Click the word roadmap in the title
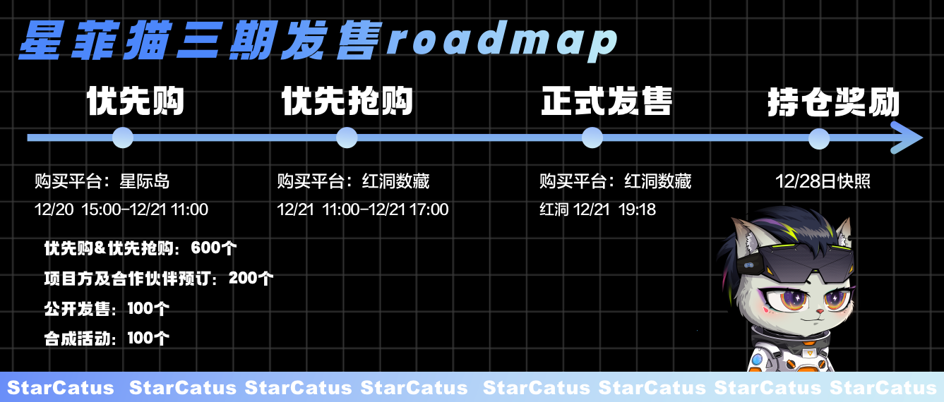[x=501, y=40]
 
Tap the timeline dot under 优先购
[x=123, y=138]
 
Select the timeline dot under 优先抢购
[x=347, y=138]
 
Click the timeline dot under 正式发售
[x=592, y=138]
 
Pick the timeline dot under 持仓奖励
[x=819, y=138]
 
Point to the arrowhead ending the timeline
[x=906, y=138]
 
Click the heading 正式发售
[x=607, y=101]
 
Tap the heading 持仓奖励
[x=833, y=102]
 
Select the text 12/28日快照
[x=823, y=181]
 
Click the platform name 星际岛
[x=145, y=181]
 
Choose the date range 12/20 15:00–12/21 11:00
[x=121, y=209]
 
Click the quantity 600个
[x=214, y=248]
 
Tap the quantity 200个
[x=251, y=279]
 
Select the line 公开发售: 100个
[x=107, y=308]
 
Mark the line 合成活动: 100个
[x=107, y=338]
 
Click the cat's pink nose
[x=819, y=312]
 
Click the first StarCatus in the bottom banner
[x=61, y=388]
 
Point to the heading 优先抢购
[x=347, y=101]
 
